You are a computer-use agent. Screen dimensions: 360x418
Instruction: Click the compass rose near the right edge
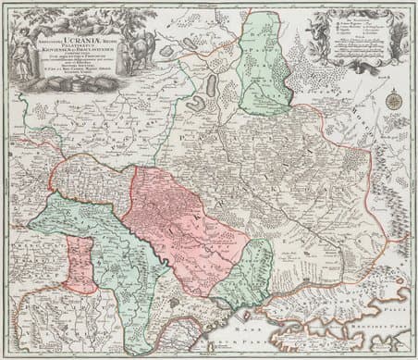click(394, 102)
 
